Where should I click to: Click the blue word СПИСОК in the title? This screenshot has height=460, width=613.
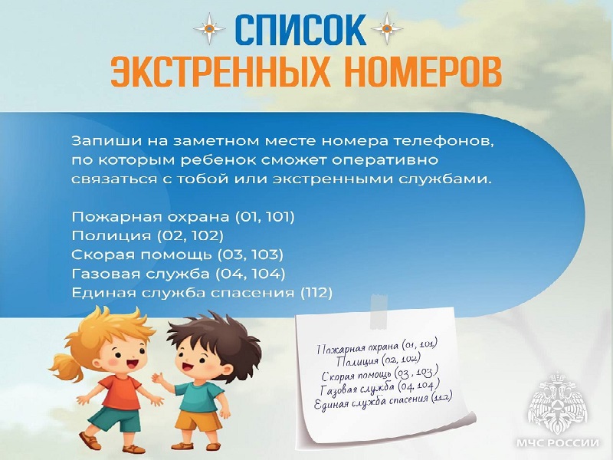[300, 30]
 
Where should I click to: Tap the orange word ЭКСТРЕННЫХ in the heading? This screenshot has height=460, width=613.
[221, 71]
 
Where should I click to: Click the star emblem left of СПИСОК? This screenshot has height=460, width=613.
[209, 28]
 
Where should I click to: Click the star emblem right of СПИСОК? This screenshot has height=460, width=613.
[387, 28]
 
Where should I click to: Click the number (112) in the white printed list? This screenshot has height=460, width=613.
[316, 292]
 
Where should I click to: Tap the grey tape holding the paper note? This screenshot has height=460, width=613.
[379, 312]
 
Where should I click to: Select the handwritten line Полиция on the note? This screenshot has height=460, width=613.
[379, 360]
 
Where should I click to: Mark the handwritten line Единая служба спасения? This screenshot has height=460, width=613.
[382, 402]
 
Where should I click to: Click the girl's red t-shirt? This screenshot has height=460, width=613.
[123, 392]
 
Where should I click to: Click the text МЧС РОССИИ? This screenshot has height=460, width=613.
[558, 443]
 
